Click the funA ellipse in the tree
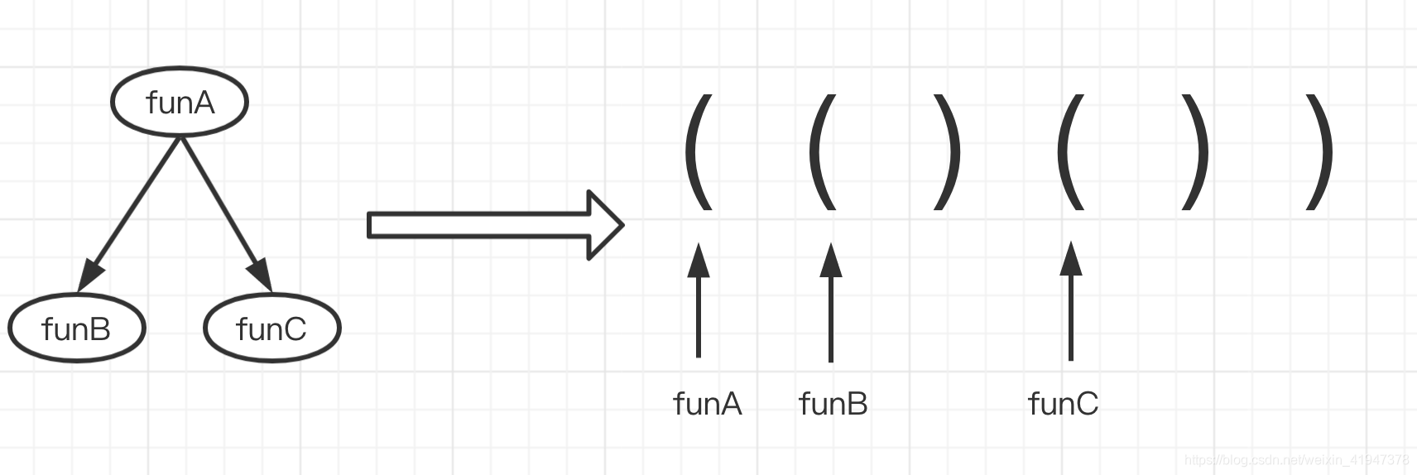180,102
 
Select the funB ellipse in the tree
76,329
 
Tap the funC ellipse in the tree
271,329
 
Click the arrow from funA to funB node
132,212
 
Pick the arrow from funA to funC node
223,212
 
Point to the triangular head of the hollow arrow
604,225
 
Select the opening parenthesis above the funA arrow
699,151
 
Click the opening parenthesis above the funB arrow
822,151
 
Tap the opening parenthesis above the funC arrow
1070,151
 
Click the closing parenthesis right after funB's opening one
948,151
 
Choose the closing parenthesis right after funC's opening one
1195,151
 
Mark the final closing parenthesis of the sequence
1319,151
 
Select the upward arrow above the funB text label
831,301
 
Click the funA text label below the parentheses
708,404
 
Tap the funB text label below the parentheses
833,404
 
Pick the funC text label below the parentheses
1063,404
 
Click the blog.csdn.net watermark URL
1296,459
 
